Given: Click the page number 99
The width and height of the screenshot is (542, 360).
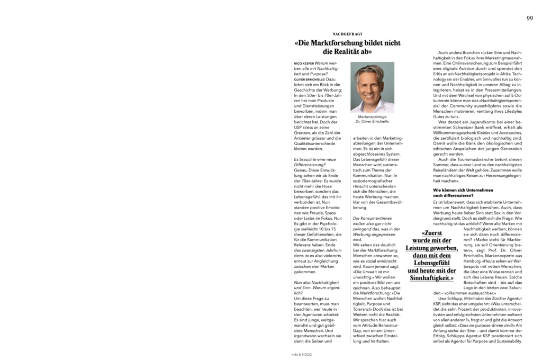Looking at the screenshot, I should click(x=529, y=18).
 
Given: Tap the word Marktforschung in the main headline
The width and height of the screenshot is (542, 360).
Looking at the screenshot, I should click(x=338, y=43).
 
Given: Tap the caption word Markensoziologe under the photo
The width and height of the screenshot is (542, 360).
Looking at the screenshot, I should click(x=372, y=116).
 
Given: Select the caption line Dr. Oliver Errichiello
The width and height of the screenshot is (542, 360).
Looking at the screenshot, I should click(x=372, y=122).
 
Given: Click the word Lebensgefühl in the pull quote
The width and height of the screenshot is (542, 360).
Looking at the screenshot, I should click(x=432, y=263).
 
